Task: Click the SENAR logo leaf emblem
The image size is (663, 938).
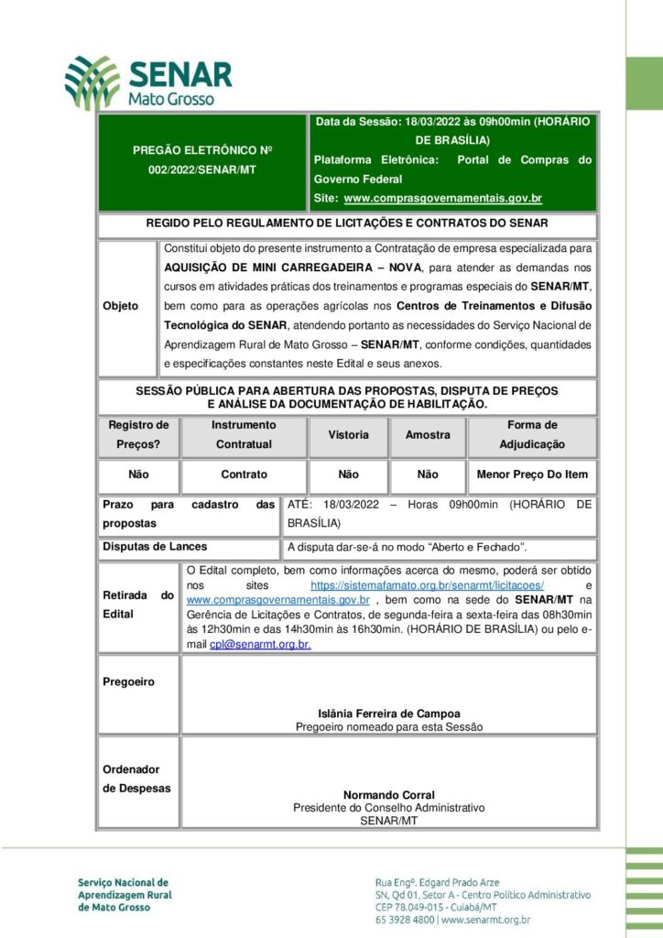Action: click(92, 82)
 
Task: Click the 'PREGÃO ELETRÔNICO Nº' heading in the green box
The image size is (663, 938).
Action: click(202, 149)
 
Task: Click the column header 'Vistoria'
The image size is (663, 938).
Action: click(348, 435)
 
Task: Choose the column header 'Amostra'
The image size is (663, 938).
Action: click(428, 435)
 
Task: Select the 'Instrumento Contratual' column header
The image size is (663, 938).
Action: click(244, 434)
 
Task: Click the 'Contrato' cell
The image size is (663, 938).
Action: click(244, 474)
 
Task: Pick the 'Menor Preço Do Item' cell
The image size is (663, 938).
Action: click(532, 474)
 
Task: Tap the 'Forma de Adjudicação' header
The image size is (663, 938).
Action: click(532, 434)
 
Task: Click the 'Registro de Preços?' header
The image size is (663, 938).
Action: click(139, 434)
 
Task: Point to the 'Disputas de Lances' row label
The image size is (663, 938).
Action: click(155, 547)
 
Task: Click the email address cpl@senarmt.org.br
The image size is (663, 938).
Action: click(260, 644)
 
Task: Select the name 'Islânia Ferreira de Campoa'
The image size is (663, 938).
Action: click(389, 714)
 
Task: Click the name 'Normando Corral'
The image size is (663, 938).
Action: click(389, 795)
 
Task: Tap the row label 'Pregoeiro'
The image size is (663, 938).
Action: click(129, 682)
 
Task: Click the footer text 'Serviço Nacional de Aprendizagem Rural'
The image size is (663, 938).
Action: click(124, 888)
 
